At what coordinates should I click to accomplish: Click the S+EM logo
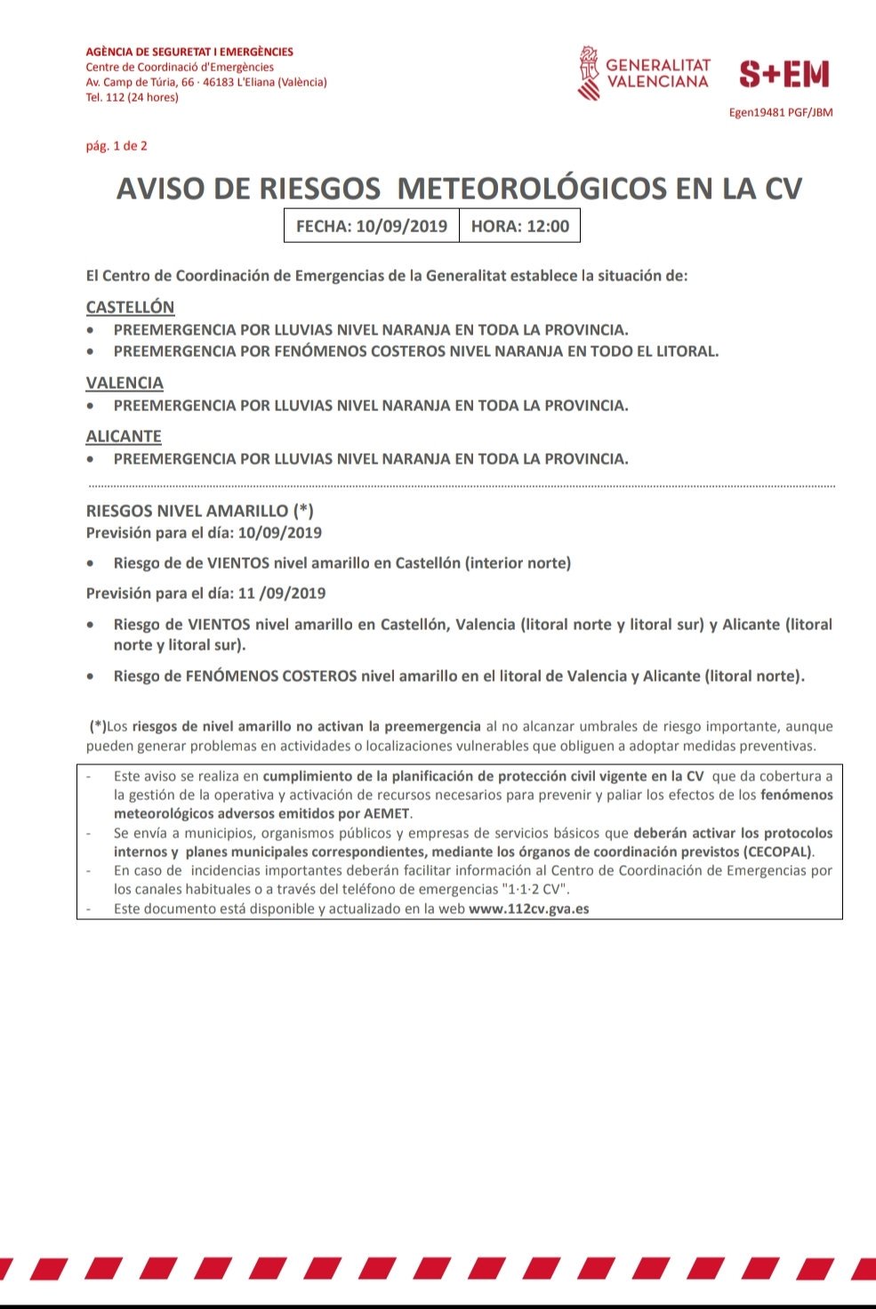tap(784, 75)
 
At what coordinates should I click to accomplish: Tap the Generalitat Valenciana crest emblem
tap(588, 74)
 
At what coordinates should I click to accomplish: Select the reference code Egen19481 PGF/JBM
tap(780, 113)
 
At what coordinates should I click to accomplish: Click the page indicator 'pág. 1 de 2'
tap(117, 146)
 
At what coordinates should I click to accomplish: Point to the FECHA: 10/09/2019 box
tap(371, 226)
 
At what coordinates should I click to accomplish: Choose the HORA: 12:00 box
tap(519, 226)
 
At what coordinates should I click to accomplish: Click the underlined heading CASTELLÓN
tap(130, 307)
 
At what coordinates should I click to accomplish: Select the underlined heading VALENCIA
tap(125, 383)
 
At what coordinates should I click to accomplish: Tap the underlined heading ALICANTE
tap(124, 436)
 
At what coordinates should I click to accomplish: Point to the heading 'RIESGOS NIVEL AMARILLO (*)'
tap(199, 511)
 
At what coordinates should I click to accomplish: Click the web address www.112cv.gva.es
tap(528, 909)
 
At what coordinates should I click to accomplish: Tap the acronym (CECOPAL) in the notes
tap(777, 852)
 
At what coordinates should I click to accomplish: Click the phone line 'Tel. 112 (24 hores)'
tap(132, 98)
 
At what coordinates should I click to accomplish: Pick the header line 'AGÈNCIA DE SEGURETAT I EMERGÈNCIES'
tap(189, 52)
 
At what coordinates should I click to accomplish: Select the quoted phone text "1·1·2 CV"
tap(534, 889)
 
